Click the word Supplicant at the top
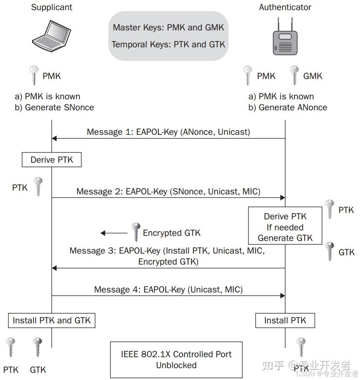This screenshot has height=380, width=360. click(x=52, y=7)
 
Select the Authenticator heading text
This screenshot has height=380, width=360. click(x=285, y=7)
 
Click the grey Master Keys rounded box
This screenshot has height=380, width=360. click(x=169, y=36)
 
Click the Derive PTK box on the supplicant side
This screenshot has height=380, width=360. click(x=52, y=160)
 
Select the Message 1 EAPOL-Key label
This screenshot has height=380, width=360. click(x=168, y=132)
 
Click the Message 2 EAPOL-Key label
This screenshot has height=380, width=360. click(x=168, y=191)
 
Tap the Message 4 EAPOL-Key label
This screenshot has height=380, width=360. click(x=168, y=290)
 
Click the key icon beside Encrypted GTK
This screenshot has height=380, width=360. click(x=136, y=232)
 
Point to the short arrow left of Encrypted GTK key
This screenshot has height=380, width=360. click(x=114, y=233)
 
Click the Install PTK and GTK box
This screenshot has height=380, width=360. click(x=52, y=320)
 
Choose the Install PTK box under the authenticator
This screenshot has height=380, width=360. click(x=285, y=320)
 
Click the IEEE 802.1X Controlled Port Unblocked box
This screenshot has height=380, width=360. click(x=176, y=359)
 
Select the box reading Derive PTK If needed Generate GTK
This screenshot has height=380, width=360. click(x=285, y=227)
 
